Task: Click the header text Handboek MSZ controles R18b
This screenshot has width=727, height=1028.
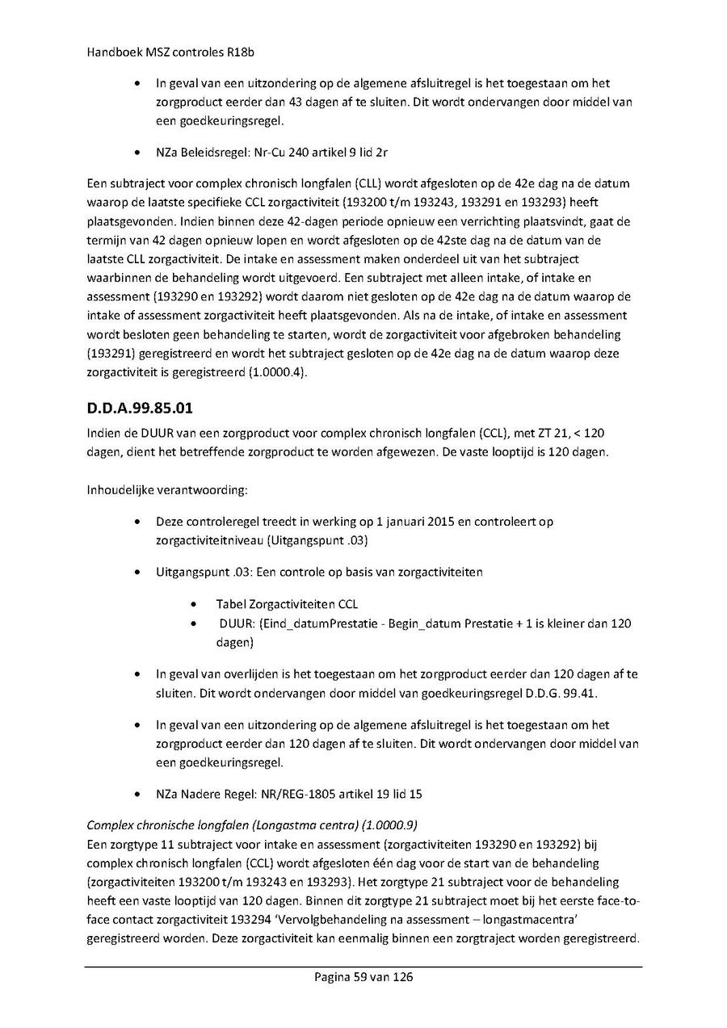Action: tap(153, 49)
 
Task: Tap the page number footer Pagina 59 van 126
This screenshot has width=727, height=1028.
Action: tap(363, 977)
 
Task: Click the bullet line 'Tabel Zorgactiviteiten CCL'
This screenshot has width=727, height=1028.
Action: tap(287, 604)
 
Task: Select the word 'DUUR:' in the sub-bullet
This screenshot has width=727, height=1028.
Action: tap(235, 623)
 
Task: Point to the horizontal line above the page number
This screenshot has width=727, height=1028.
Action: tap(363, 967)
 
